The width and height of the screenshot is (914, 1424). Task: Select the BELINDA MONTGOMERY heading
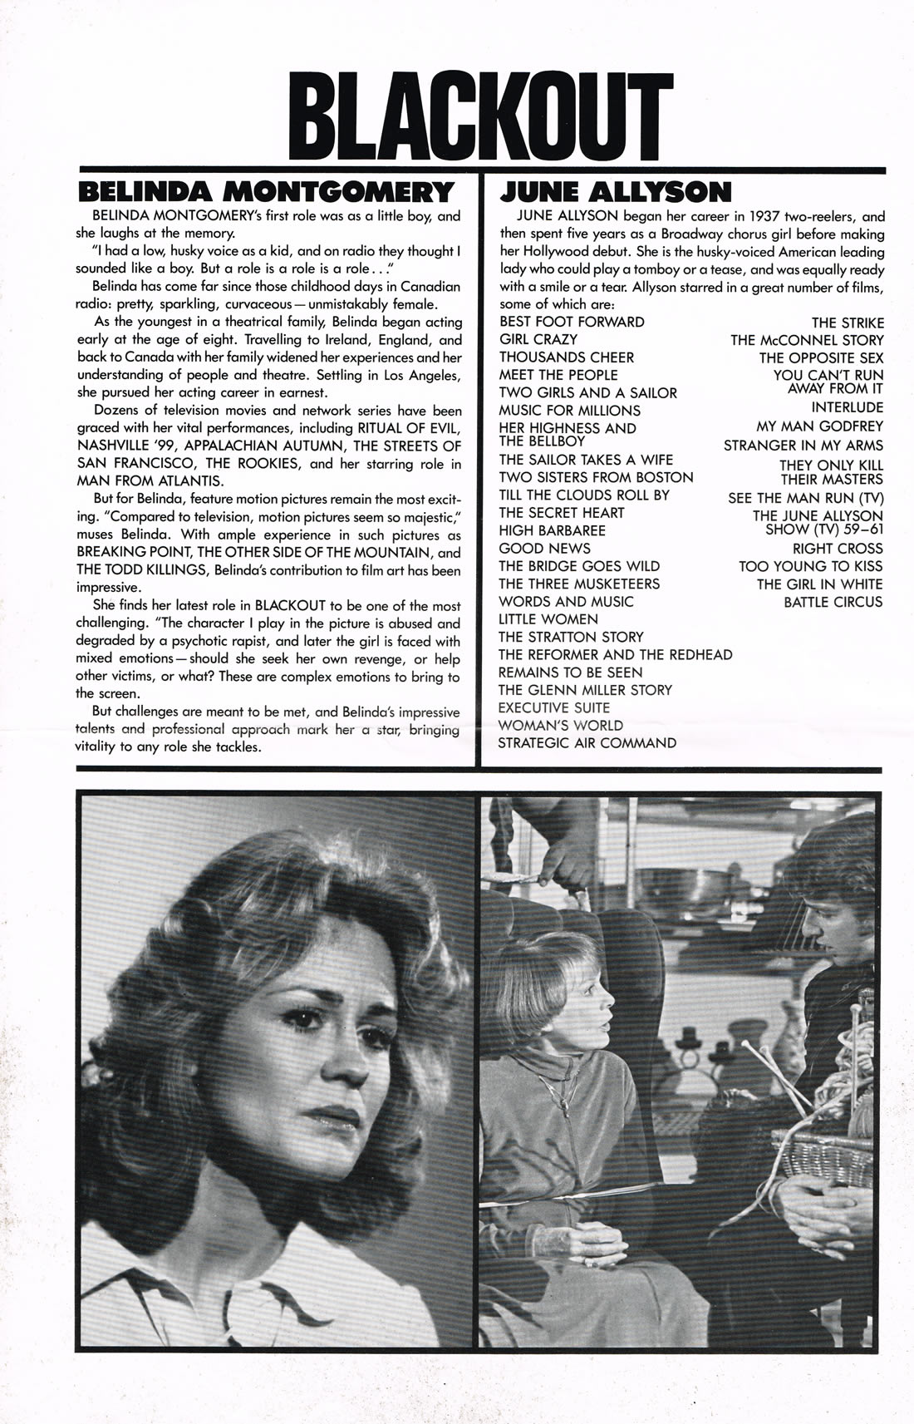(x=265, y=192)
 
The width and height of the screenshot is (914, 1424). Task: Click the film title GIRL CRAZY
(x=538, y=339)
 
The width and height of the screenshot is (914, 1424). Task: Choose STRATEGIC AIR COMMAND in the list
(x=587, y=743)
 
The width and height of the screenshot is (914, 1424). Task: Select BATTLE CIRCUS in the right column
(x=833, y=602)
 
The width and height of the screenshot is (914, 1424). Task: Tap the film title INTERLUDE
(x=848, y=407)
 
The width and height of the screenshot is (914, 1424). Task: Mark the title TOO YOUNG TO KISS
(x=811, y=566)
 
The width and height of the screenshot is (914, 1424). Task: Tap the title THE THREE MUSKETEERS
(x=579, y=584)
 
